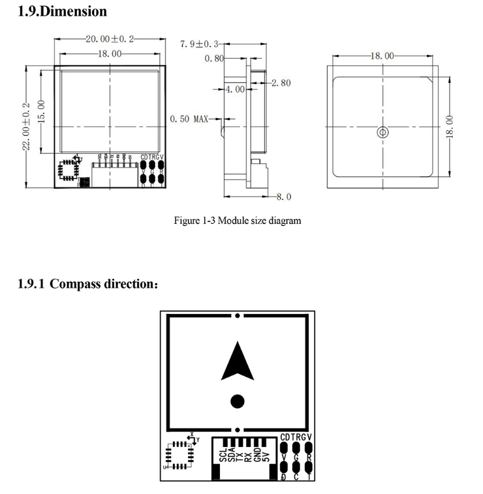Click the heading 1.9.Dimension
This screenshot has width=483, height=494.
[x=62, y=11]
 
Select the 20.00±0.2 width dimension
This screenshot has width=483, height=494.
[x=109, y=39]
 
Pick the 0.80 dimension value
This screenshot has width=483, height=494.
[x=214, y=59]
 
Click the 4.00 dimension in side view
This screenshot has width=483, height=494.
[x=235, y=89]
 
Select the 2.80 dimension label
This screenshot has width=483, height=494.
[x=281, y=83]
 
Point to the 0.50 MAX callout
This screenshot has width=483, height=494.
[x=189, y=119]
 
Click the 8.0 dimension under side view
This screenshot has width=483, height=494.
[x=284, y=196]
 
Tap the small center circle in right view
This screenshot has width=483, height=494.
[x=383, y=132]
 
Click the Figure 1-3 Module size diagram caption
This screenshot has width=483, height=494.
[x=238, y=221]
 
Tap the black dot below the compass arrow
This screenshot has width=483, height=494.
[x=238, y=400]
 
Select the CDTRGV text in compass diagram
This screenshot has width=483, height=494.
[x=296, y=437]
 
